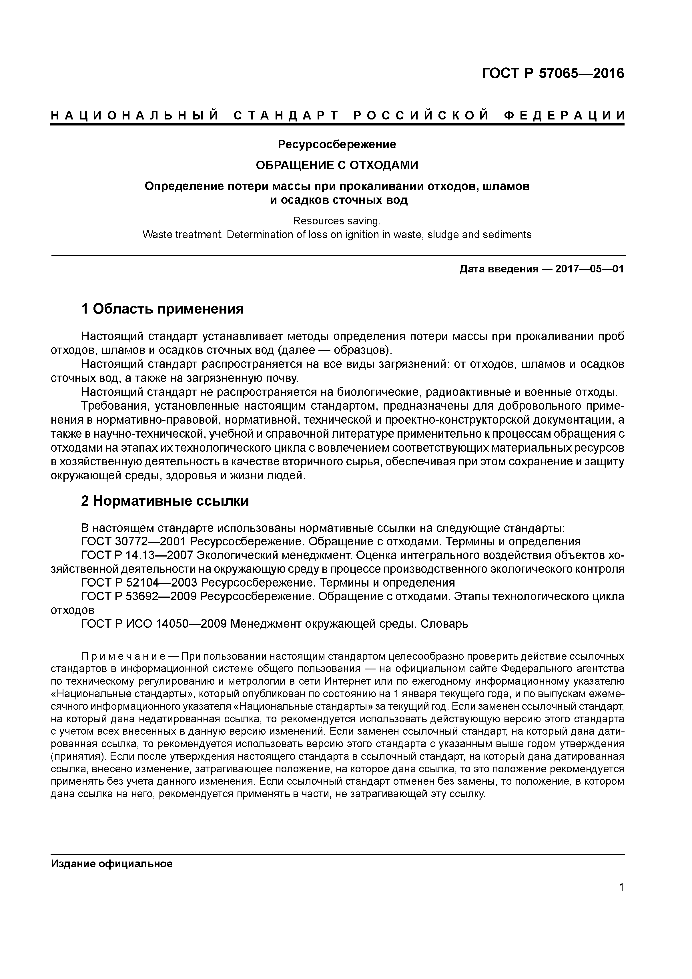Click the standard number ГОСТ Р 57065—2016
pyautogui.click(x=553, y=73)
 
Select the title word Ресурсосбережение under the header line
pyautogui.click(x=337, y=145)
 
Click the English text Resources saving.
pyautogui.click(x=336, y=221)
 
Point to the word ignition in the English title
pyautogui.click(x=360, y=234)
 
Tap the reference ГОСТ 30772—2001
pyautogui.click(x=133, y=542)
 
